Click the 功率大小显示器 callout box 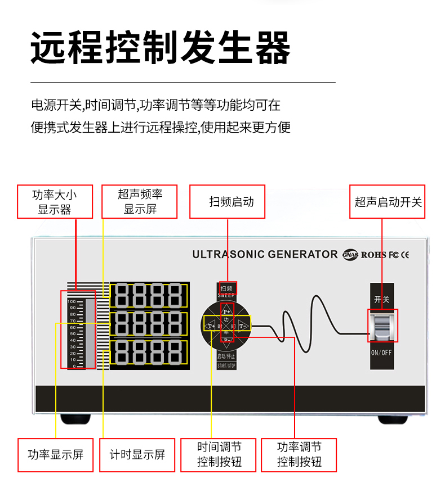[x=55, y=202]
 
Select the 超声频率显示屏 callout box [x=140, y=202]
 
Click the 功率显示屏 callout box [x=55, y=455]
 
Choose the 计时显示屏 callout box [x=137, y=455]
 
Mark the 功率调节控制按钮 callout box [x=299, y=455]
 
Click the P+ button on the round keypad [x=227, y=311]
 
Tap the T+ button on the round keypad [x=211, y=325]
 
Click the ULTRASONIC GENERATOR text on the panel [x=265, y=254]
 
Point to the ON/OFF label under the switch [x=382, y=353]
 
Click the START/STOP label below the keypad [x=226, y=365]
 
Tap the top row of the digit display [x=149, y=295]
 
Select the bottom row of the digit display [x=149, y=353]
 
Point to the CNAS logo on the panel [x=349, y=255]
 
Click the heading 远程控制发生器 [x=161, y=48]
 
